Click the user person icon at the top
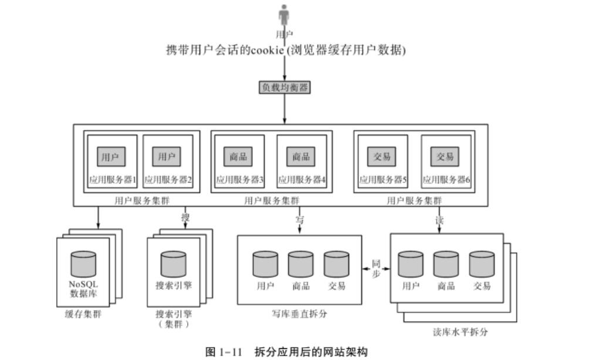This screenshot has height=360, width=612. [x=285, y=15]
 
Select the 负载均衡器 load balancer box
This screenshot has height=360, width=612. [x=285, y=87]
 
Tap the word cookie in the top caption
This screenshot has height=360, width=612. [x=268, y=50]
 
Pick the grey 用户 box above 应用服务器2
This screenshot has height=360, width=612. [x=167, y=157]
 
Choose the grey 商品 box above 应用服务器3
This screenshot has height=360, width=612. [x=238, y=157]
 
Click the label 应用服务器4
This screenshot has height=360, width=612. [x=302, y=180]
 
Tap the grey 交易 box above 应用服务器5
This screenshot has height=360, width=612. [x=382, y=157]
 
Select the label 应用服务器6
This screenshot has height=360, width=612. [x=447, y=180]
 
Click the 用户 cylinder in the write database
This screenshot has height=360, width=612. [x=265, y=264]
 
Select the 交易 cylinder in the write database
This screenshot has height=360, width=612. [x=336, y=264]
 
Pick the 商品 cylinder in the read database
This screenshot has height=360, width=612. [x=446, y=263]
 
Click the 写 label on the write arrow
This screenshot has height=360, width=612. [x=299, y=220]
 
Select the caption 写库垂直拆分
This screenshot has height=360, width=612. [x=300, y=314]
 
